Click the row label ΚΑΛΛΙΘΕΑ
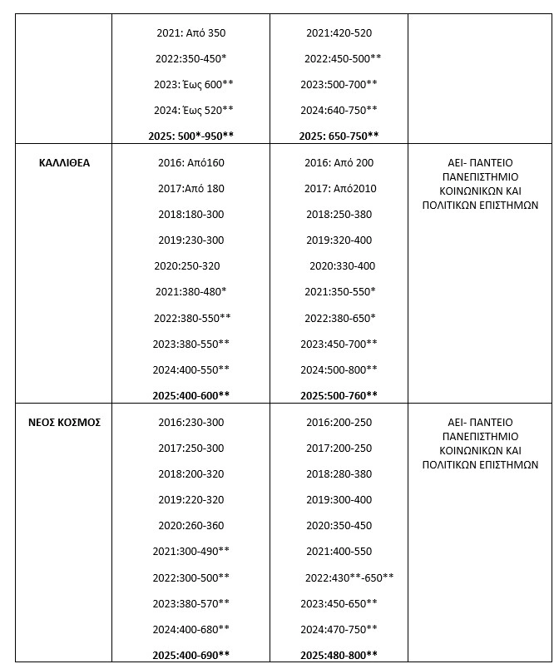click(64, 162)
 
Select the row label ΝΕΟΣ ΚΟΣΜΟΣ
click(64, 422)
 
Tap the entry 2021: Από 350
click(190, 33)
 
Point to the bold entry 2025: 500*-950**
click(190, 136)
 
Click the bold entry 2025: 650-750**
click(339, 136)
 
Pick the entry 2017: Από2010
click(340, 188)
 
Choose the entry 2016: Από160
click(190, 162)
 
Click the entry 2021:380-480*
click(190, 291)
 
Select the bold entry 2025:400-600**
click(190, 394)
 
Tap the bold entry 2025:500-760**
click(339, 394)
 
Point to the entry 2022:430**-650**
click(349, 577)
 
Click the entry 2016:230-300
click(190, 422)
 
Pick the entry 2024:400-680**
click(190, 628)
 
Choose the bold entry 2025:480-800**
click(339, 655)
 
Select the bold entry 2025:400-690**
click(190, 655)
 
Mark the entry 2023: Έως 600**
click(194, 84)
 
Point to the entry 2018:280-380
click(339, 473)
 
